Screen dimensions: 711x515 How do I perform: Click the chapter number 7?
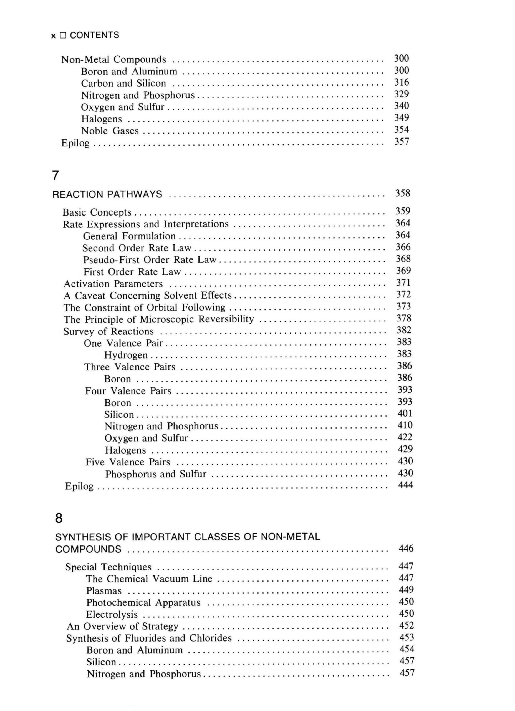click(x=55, y=176)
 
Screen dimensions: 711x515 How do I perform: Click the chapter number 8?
click(x=59, y=518)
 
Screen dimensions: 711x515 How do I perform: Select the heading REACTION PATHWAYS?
click(x=107, y=194)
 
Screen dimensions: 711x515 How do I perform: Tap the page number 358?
click(x=402, y=193)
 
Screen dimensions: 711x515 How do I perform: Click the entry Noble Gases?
click(x=110, y=131)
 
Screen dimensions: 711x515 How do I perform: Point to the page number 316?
click(x=401, y=82)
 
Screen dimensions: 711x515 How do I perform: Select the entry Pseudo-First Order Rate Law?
click(x=150, y=260)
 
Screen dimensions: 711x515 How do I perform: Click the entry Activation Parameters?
click(x=113, y=284)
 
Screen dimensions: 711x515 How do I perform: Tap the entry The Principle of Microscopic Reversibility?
click(x=158, y=319)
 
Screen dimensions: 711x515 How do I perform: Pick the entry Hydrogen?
click(x=126, y=355)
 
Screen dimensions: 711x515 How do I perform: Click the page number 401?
click(x=405, y=414)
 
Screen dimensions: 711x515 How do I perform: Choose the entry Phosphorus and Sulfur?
click(x=156, y=474)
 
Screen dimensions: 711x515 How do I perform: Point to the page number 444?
click(x=405, y=485)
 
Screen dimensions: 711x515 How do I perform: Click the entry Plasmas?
click(x=104, y=591)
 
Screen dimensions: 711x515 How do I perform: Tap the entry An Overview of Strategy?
click(x=122, y=626)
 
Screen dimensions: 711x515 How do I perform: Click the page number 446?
click(x=406, y=548)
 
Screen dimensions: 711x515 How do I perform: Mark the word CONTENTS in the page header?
click(x=94, y=35)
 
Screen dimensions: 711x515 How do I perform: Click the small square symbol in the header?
click(x=63, y=36)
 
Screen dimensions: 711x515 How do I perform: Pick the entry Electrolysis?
click(x=112, y=614)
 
